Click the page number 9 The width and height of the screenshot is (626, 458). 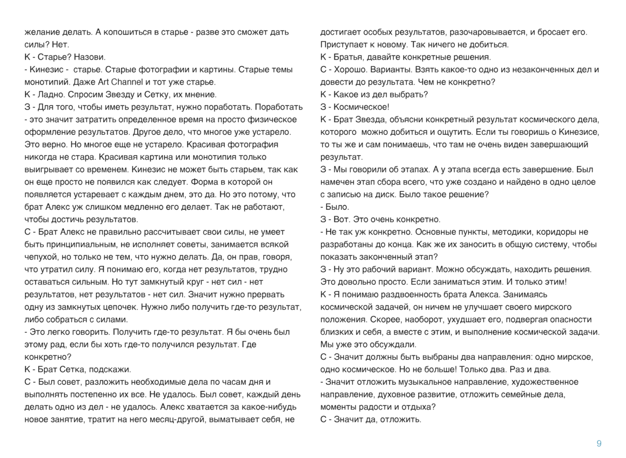pyautogui.click(x=598, y=444)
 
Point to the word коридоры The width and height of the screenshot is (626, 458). pyautogui.click(x=544, y=232)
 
